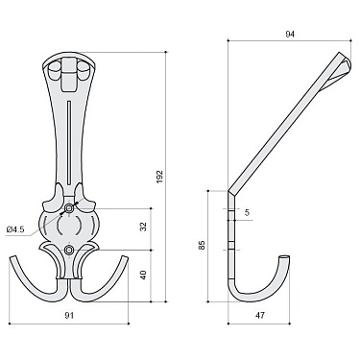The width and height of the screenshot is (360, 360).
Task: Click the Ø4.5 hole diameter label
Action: coord(16,229)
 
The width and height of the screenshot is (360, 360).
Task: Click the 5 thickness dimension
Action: coord(247,213)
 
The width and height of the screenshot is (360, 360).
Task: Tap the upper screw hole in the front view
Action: coord(70,207)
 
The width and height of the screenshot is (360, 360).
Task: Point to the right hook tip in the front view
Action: coord(127,261)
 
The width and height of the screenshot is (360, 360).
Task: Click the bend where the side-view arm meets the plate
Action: coord(231,187)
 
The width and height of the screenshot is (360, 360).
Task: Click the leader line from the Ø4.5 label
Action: coord(43,220)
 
